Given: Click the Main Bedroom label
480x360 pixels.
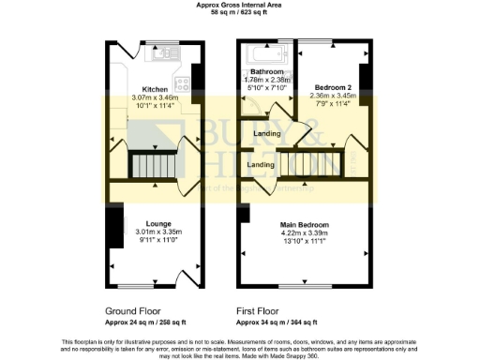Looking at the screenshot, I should pos(307,225).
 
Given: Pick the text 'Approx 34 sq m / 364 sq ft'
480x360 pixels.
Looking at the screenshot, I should pos(281,322).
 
